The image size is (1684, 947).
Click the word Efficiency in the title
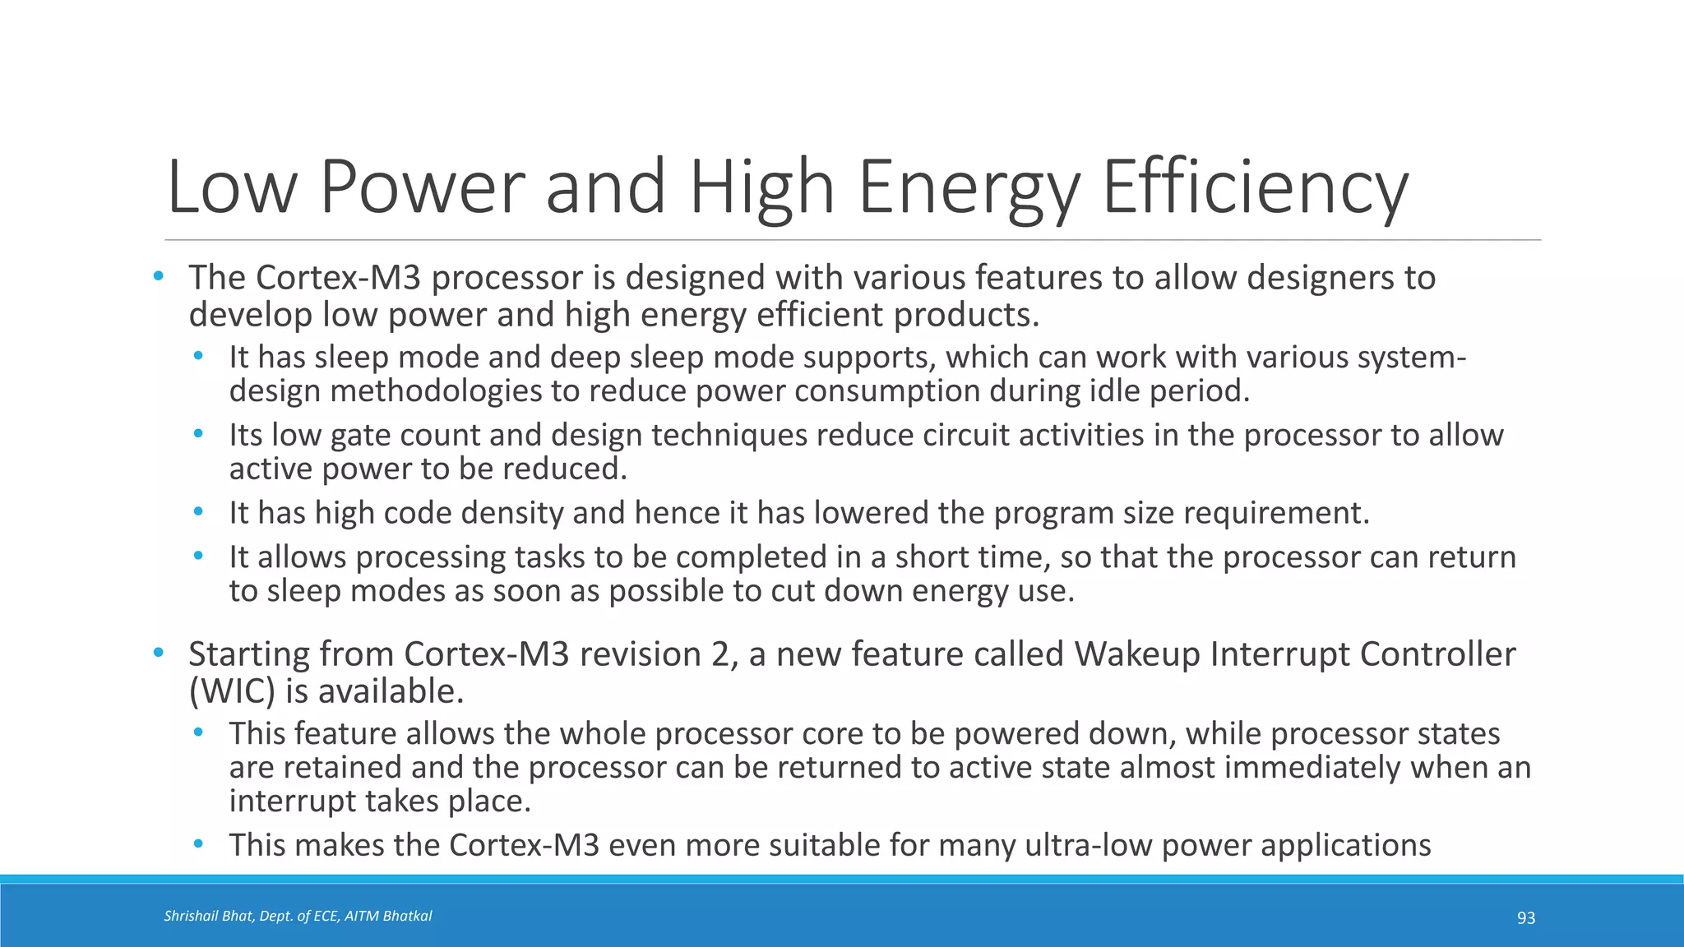pyautogui.click(x=1255, y=187)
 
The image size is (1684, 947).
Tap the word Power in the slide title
pyautogui.click(x=421, y=187)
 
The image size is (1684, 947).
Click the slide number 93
pyautogui.click(x=1525, y=918)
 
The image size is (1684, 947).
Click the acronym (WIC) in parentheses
pyautogui.click(x=232, y=691)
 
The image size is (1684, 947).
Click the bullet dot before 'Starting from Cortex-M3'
pyautogui.click(x=159, y=654)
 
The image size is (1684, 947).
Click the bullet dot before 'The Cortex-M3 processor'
pyautogui.click(x=159, y=277)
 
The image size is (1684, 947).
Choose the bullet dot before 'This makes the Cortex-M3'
pyautogui.click(x=198, y=844)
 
